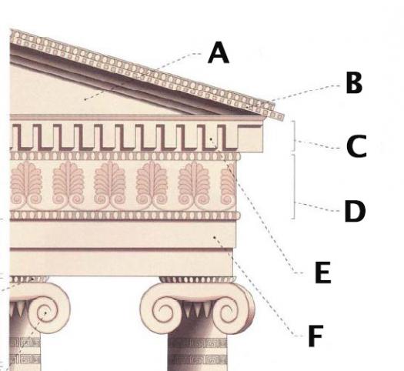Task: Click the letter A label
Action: click(219, 53)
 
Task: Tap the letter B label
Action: click(354, 83)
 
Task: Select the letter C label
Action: click(356, 146)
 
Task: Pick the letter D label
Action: click(355, 211)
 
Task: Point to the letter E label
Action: click(323, 272)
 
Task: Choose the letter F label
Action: click(316, 336)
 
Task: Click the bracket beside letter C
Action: click(294, 135)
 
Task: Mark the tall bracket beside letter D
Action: click(294, 187)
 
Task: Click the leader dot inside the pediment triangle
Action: click(85, 99)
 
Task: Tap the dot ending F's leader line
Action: click(214, 237)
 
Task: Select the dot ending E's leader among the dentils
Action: click(211, 139)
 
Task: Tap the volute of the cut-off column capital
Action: click(48, 311)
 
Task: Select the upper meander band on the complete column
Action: click(198, 343)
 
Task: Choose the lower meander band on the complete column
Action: click(198, 359)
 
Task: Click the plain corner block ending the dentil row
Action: click(250, 139)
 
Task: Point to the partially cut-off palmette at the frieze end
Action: click(229, 185)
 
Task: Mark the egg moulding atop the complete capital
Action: click(197, 279)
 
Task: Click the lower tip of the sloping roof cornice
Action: click(283, 118)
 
